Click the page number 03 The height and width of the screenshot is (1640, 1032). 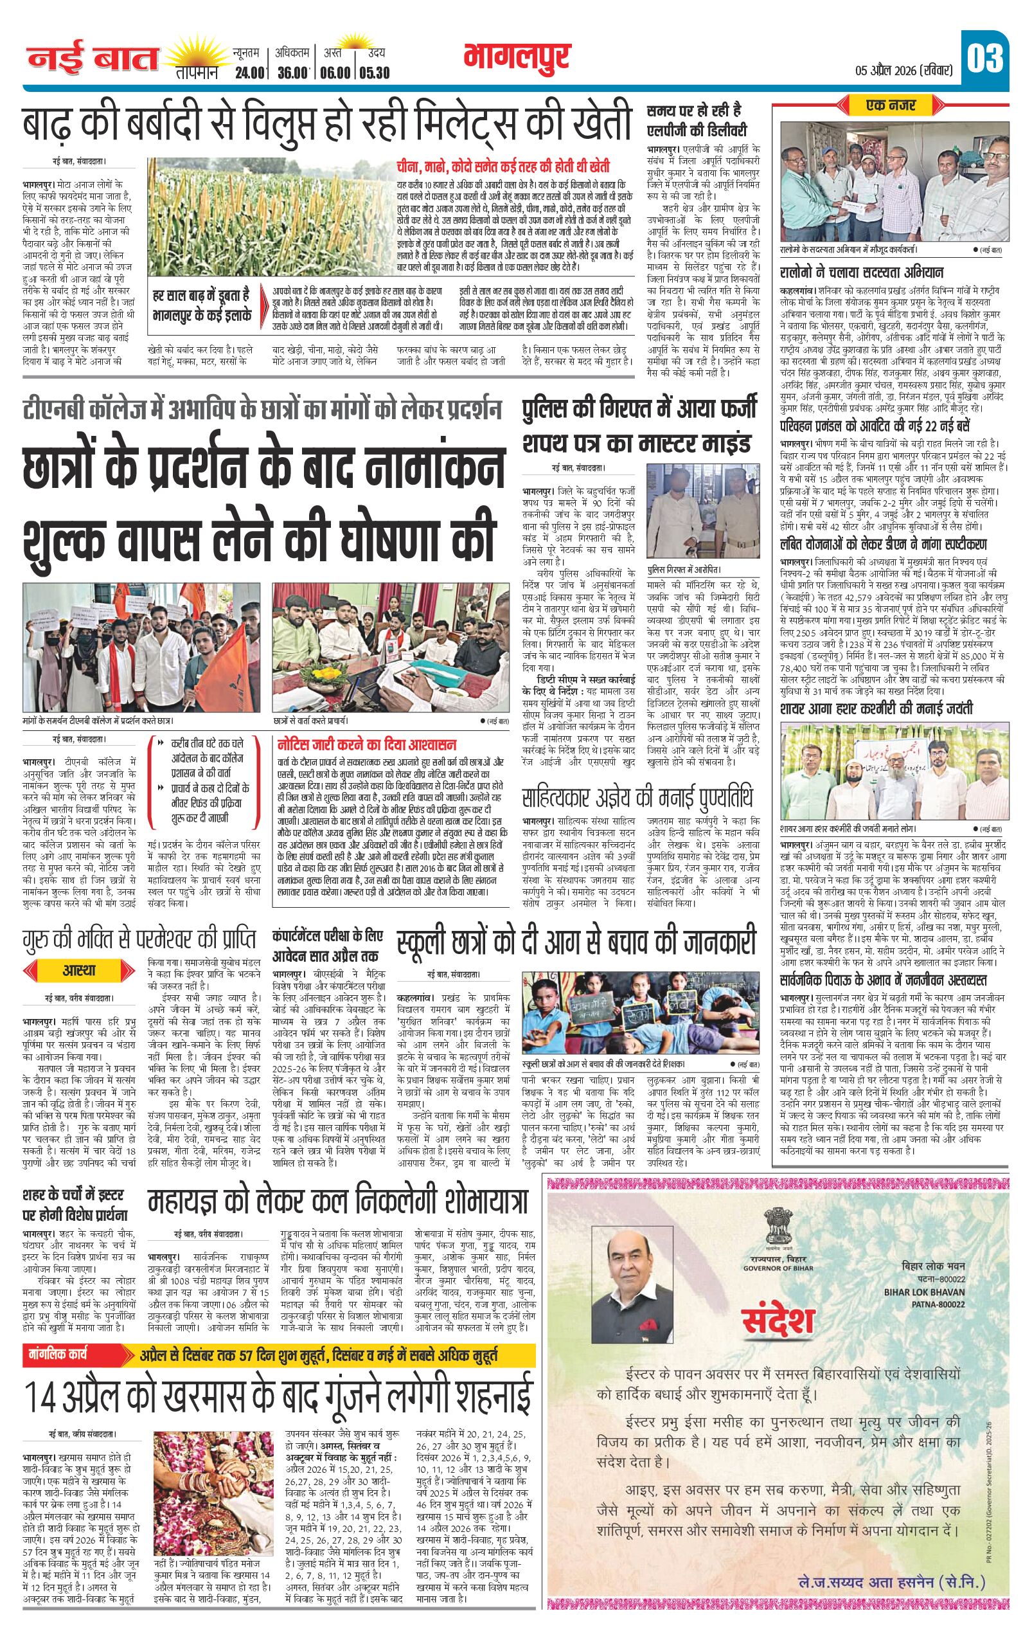985,60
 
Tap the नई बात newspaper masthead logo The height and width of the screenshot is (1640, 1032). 92,60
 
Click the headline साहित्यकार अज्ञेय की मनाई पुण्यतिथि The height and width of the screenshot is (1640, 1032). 638,797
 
